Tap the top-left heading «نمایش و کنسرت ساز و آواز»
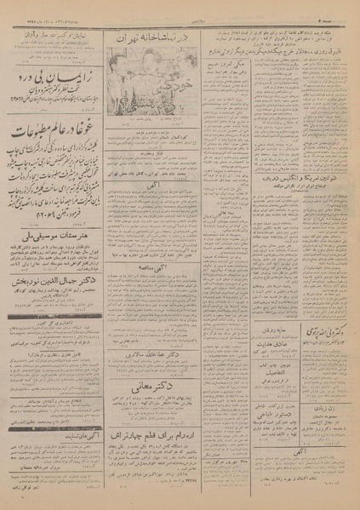[x=58, y=33]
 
